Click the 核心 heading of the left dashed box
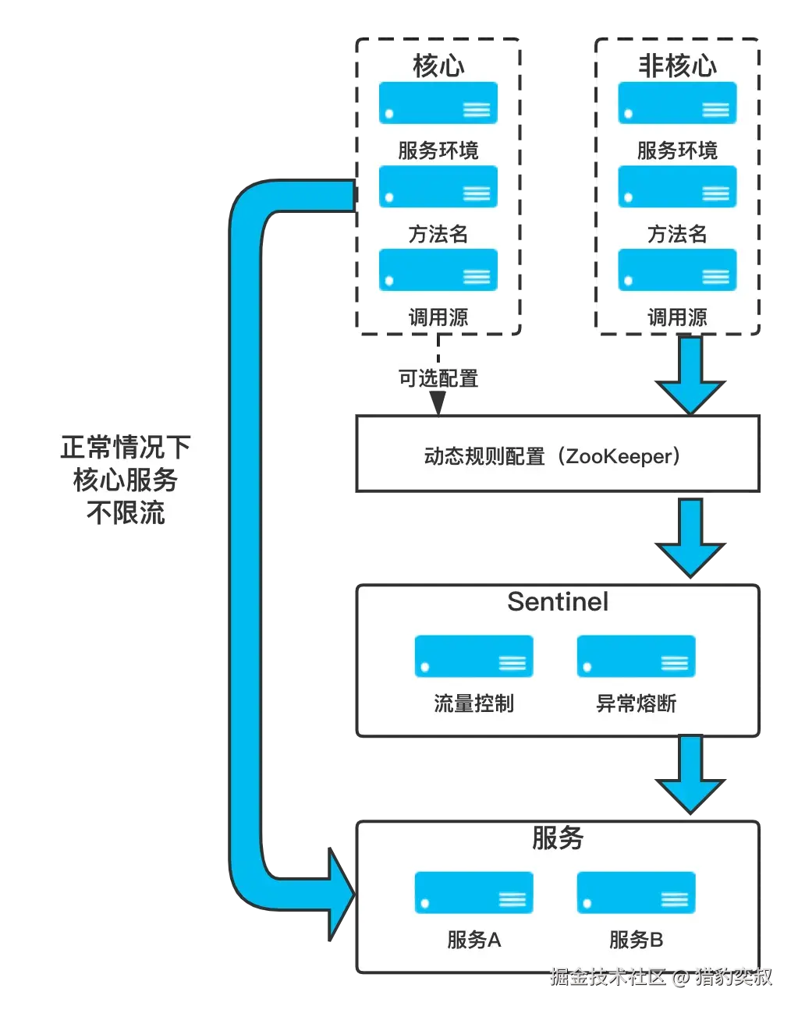click(x=438, y=66)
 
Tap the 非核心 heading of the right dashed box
click(x=677, y=66)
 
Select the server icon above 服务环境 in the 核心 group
click(x=438, y=103)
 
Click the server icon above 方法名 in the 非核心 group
click(x=677, y=186)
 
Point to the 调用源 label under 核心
click(x=438, y=317)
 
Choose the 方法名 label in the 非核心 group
click(x=677, y=234)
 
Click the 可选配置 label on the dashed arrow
click(x=438, y=378)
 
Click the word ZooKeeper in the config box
click(x=618, y=456)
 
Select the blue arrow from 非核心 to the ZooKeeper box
click(x=690, y=375)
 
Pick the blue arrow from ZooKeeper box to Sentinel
click(x=690, y=538)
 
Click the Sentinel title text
click(x=558, y=601)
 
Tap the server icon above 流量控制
click(x=473, y=656)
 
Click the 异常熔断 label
click(x=636, y=703)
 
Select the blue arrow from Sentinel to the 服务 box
click(x=690, y=774)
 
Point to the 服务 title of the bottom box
click(x=558, y=838)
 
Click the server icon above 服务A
click(x=473, y=892)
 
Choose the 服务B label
click(x=636, y=940)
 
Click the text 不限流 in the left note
click(x=126, y=512)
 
